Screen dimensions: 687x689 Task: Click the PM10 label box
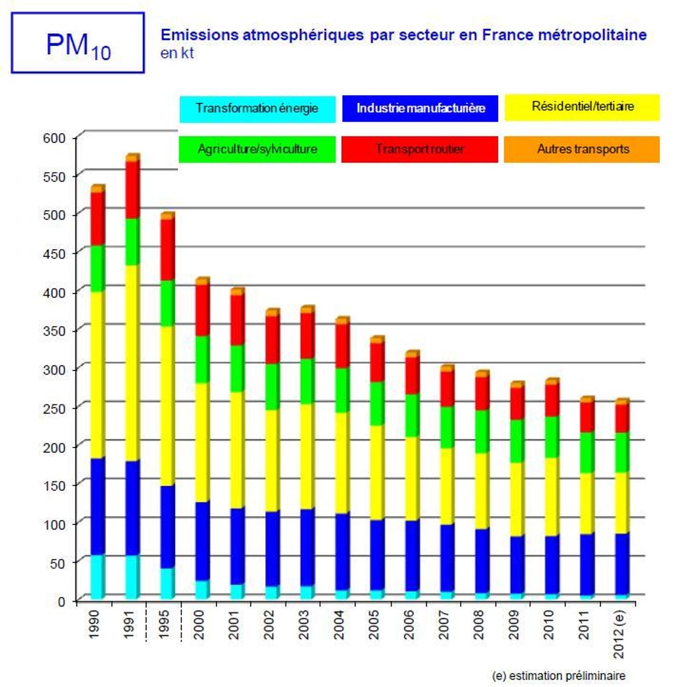[x=78, y=43]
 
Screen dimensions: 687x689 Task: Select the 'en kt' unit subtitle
[x=177, y=53]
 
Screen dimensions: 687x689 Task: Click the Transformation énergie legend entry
[x=257, y=108]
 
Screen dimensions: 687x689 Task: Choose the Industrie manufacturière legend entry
[x=420, y=108]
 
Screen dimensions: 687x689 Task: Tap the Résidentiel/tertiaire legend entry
[x=582, y=107]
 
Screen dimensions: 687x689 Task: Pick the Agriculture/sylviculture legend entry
[x=257, y=149]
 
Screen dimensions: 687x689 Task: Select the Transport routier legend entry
[x=420, y=149]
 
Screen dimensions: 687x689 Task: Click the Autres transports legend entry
[x=582, y=149]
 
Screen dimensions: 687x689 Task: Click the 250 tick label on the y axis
[x=54, y=409]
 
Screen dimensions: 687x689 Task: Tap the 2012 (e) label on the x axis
[x=619, y=633]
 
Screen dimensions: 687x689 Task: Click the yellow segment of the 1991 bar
[x=132, y=363]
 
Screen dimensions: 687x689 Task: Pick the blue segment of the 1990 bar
[x=98, y=506]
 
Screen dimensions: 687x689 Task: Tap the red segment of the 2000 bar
[x=202, y=310]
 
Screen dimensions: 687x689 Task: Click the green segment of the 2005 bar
[x=377, y=404]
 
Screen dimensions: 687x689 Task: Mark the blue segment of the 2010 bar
[x=552, y=565]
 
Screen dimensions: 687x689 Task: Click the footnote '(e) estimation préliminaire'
[x=558, y=676]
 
